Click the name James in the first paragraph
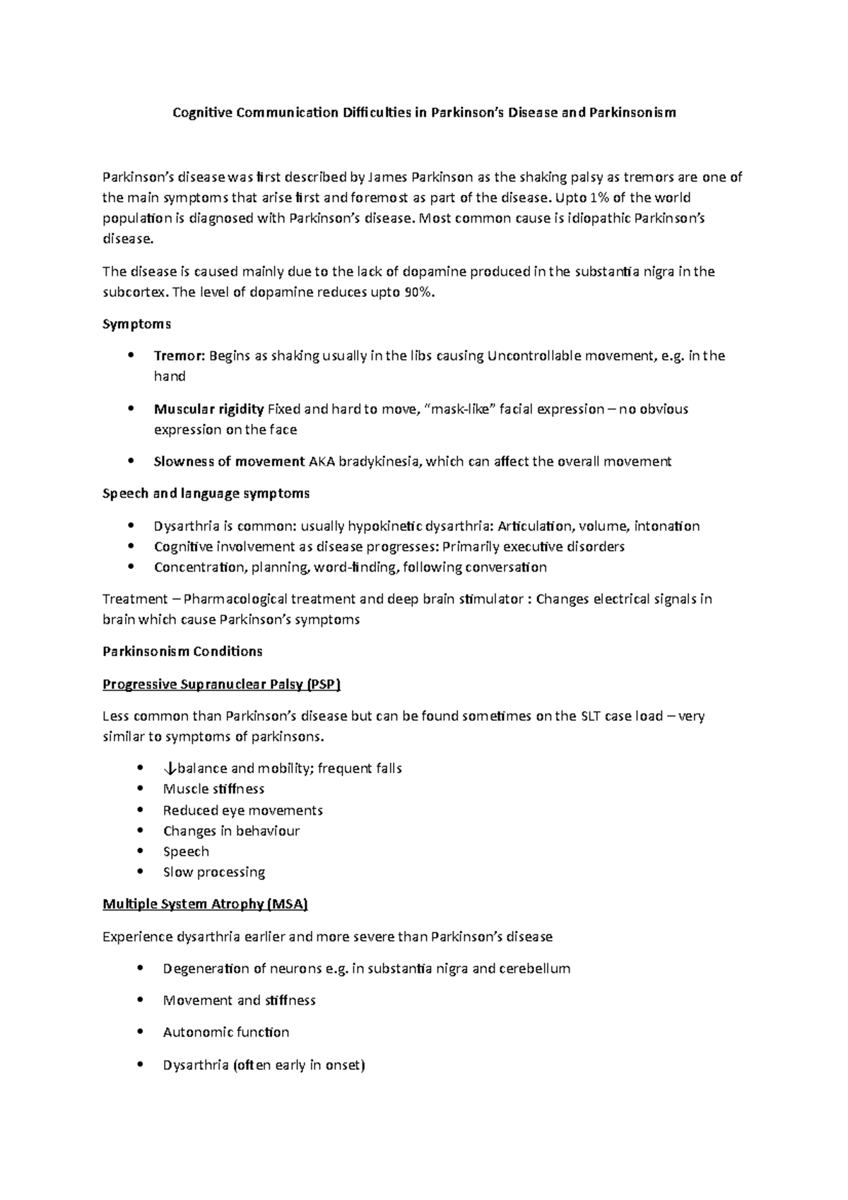(x=388, y=177)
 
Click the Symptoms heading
(x=137, y=324)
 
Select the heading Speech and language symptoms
(x=206, y=493)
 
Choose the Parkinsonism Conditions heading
(x=182, y=651)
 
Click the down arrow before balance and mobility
(x=168, y=769)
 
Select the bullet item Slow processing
(x=213, y=872)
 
